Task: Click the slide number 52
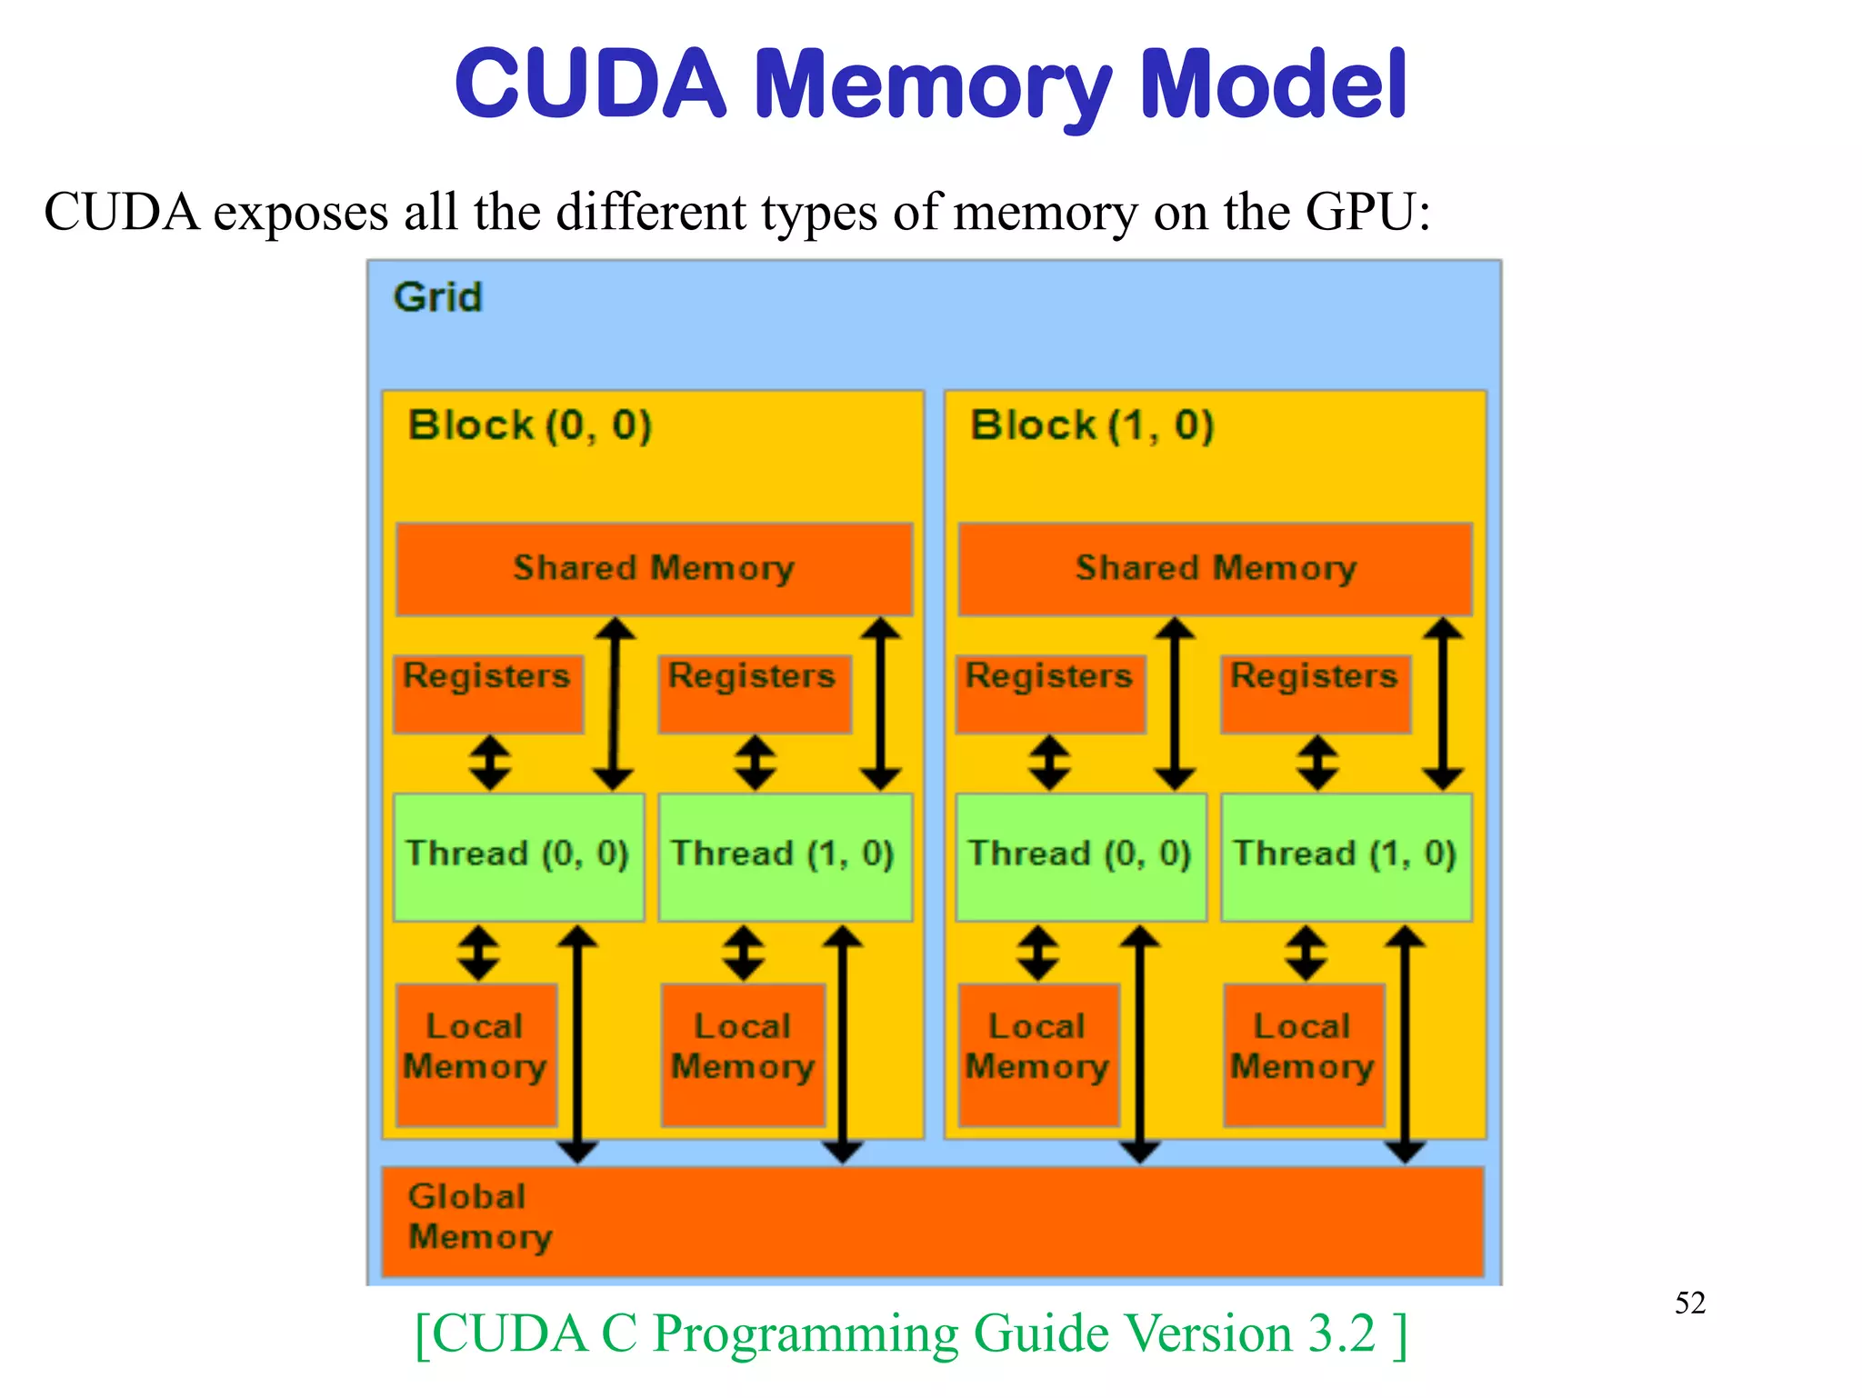(x=1689, y=1303)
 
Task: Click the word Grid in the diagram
(x=437, y=297)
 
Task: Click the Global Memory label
(x=479, y=1217)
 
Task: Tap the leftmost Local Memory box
(x=476, y=1054)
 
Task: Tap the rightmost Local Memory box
(x=1304, y=1054)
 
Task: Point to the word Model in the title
(x=1272, y=85)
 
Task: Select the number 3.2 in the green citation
(x=1342, y=1333)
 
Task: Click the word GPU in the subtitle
(x=1359, y=212)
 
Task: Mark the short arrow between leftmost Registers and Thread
(x=490, y=762)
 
